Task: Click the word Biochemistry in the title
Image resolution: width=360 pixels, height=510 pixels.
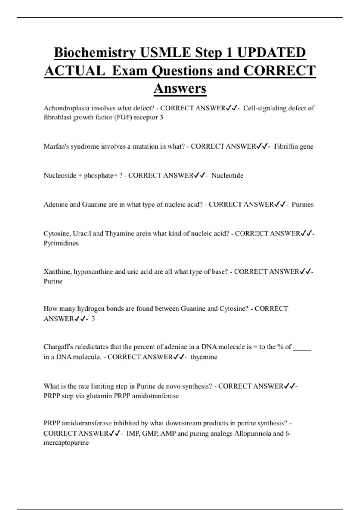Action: pos(95,53)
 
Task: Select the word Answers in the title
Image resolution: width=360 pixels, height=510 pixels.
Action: pos(180,88)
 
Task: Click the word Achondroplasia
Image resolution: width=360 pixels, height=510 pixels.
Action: pos(66,108)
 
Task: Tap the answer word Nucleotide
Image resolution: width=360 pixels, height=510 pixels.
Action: pos(227,175)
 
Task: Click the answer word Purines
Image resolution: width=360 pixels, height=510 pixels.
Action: pos(302,205)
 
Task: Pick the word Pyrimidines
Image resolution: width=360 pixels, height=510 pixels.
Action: pos(61,243)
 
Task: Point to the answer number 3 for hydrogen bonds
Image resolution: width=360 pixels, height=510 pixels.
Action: pos(93,319)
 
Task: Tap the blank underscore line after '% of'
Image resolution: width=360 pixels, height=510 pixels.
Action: pos(302,348)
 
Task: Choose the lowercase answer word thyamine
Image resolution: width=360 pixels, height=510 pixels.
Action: pos(204,357)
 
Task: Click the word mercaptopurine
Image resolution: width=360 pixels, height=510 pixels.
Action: pos(66,443)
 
